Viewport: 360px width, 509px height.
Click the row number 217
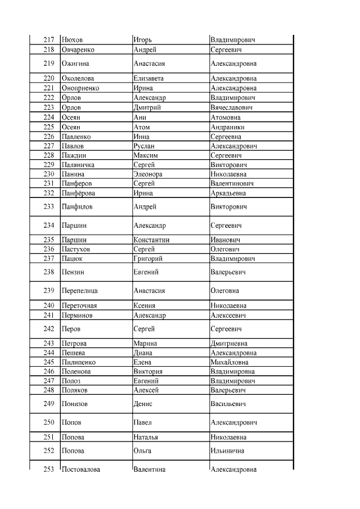(x=48, y=40)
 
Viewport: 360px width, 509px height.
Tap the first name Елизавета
(x=148, y=79)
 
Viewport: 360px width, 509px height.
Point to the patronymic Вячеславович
(x=231, y=107)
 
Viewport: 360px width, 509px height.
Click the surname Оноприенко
(x=80, y=88)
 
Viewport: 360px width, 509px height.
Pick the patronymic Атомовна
(x=225, y=117)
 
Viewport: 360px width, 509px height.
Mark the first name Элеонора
(x=149, y=174)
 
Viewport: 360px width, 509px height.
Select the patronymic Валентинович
(x=232, y=184)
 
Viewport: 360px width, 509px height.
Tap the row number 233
(x=48, y=206)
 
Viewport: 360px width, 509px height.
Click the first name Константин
(x=152, y=240)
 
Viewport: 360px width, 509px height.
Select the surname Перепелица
(x=79, y=291)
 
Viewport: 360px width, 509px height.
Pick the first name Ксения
(x=145, y=306)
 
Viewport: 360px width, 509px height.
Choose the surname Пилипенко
(x=78, y=363)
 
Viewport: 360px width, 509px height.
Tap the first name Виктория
(x=148, y=372)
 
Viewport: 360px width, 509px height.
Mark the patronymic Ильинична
(x=228, y=451)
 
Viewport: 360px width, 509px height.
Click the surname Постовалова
(x=81, y=470)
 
